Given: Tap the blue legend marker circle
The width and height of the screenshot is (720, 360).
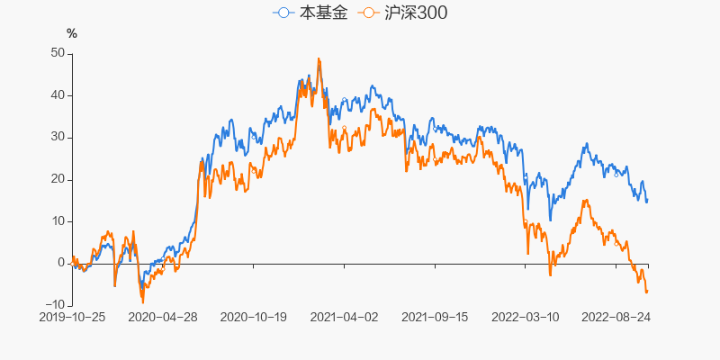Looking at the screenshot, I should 284,13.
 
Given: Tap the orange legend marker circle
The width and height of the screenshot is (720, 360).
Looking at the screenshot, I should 367,13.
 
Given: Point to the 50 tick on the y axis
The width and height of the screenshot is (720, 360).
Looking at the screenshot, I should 57,53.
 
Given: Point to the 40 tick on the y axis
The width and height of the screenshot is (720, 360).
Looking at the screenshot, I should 57,95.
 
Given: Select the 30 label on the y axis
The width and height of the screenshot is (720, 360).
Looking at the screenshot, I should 57,137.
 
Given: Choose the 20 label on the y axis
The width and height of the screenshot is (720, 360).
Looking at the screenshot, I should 57,179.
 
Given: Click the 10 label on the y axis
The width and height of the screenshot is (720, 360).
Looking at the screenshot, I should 57,221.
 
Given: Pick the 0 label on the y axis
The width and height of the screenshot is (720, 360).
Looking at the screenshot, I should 60,263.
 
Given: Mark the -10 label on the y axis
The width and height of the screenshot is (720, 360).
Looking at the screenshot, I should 54,305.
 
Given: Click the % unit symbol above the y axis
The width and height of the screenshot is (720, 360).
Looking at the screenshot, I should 72,33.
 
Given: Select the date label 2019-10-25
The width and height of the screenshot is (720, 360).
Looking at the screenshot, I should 72,317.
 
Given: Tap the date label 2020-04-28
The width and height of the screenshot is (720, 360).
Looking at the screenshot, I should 163,317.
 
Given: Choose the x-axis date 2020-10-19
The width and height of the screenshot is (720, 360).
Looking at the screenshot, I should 254,317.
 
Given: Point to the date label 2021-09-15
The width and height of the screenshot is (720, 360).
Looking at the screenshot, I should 435,317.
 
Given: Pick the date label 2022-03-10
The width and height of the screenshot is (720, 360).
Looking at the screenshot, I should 526,317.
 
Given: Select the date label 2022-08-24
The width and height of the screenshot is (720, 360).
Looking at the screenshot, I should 616,317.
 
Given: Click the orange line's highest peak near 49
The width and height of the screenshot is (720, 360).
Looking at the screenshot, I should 319,59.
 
